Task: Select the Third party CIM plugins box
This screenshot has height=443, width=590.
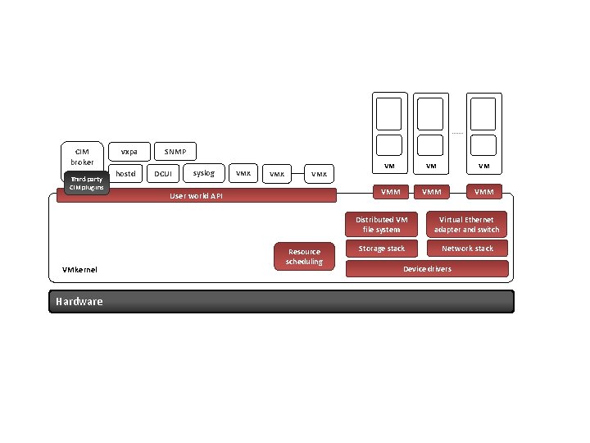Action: click(86, 183)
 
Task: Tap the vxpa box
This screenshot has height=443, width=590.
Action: click(129, 152)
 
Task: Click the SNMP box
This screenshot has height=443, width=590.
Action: click(175, 152)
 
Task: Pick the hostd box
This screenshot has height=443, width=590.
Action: click(126, 173)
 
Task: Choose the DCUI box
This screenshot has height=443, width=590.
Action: click(164, 174)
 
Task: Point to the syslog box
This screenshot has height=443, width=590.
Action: click(203, 173)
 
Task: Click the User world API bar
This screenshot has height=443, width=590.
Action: click(197, 196)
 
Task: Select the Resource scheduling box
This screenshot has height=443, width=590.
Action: click(304, 257)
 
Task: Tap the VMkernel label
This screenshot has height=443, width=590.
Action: click(79, 269)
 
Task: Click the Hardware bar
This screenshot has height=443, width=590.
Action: click(281, 301)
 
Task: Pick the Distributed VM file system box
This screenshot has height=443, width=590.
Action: click(382, 224)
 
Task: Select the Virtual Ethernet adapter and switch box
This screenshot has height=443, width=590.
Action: click(467, 224)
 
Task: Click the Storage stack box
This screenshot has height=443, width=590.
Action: click(382, 249)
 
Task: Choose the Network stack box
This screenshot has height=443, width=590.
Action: click(467, 249)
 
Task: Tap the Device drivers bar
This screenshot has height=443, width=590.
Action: click(427, 269)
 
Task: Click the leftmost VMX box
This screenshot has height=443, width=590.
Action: click(243, 173)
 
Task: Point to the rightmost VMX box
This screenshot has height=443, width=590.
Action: click(319, 174)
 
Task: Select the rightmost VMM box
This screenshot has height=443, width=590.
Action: click(484, 192)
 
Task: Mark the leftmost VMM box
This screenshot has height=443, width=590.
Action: click(390, 192)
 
